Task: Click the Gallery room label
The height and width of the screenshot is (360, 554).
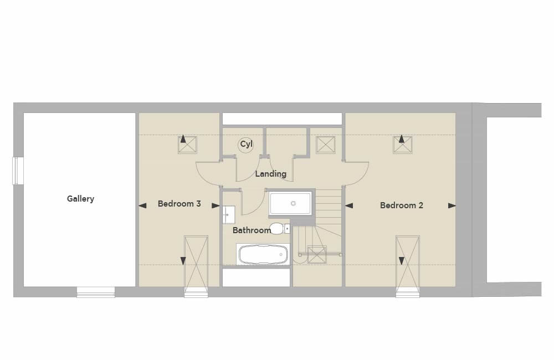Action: pos(80,199)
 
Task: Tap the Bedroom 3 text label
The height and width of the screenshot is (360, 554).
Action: pos(179,204)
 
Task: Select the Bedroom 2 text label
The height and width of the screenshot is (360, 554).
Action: pos(401,205)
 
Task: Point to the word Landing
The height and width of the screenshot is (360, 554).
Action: pos(271,174)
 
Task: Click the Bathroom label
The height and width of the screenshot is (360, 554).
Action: pos(252,230)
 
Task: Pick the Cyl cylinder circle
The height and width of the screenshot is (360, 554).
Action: pos(245,145)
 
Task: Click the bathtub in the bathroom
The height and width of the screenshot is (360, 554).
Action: pos(263,254)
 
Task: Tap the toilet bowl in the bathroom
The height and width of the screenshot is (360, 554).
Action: pos(276,228)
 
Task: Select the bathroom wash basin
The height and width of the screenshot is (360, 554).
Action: pos(229,215)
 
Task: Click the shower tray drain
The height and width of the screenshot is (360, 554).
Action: pos(293,203)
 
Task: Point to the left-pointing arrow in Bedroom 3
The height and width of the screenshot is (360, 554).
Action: pos(142,205)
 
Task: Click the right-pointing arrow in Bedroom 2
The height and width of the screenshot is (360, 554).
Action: pos(452,205)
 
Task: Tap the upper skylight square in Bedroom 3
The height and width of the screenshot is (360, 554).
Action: pos(187,145)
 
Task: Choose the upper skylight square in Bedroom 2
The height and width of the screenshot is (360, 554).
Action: pos(403,145)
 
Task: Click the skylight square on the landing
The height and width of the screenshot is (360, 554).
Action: pos(326,145)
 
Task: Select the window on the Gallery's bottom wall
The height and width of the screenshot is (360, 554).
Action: pos(96,292)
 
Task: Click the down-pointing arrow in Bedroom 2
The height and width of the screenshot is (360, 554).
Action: pos(401,261)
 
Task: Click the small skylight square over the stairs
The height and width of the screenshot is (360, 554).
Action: pos(317,254)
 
